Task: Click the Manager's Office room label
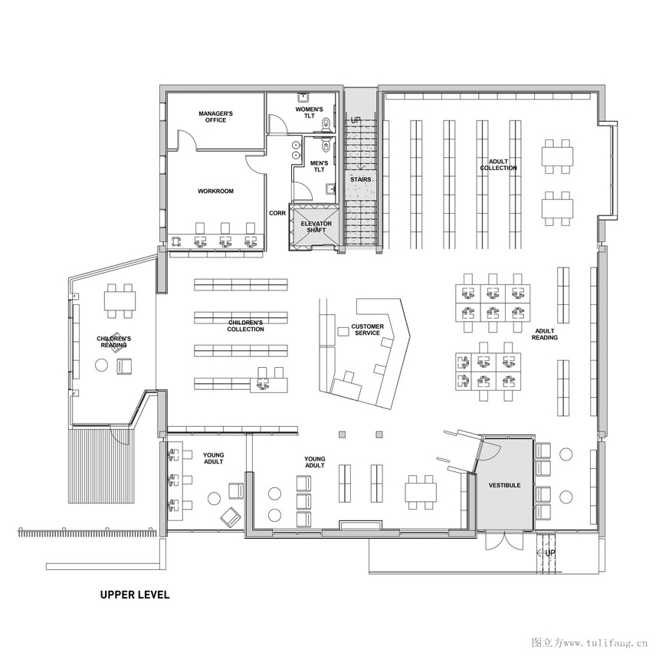[215, 116]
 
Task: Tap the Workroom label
[215, 192]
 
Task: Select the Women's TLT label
[310, 113]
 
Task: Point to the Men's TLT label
[319, 166]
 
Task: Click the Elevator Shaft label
[316, 227]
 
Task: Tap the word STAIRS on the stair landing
[361, 179]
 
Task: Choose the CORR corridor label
[277, 213]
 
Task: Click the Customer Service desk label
[367, 329]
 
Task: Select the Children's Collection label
[245, 326]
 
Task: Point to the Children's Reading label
[114, 342]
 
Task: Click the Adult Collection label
[498, 165]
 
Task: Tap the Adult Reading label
[545, 334]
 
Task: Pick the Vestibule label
[504, 485]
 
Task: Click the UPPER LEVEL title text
[135, 595]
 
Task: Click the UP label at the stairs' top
[356, 120]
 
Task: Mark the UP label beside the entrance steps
[550, 552]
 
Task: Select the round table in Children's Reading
[101, 365]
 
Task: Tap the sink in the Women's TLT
[303, 98]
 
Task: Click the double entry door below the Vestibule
[505, 541]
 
